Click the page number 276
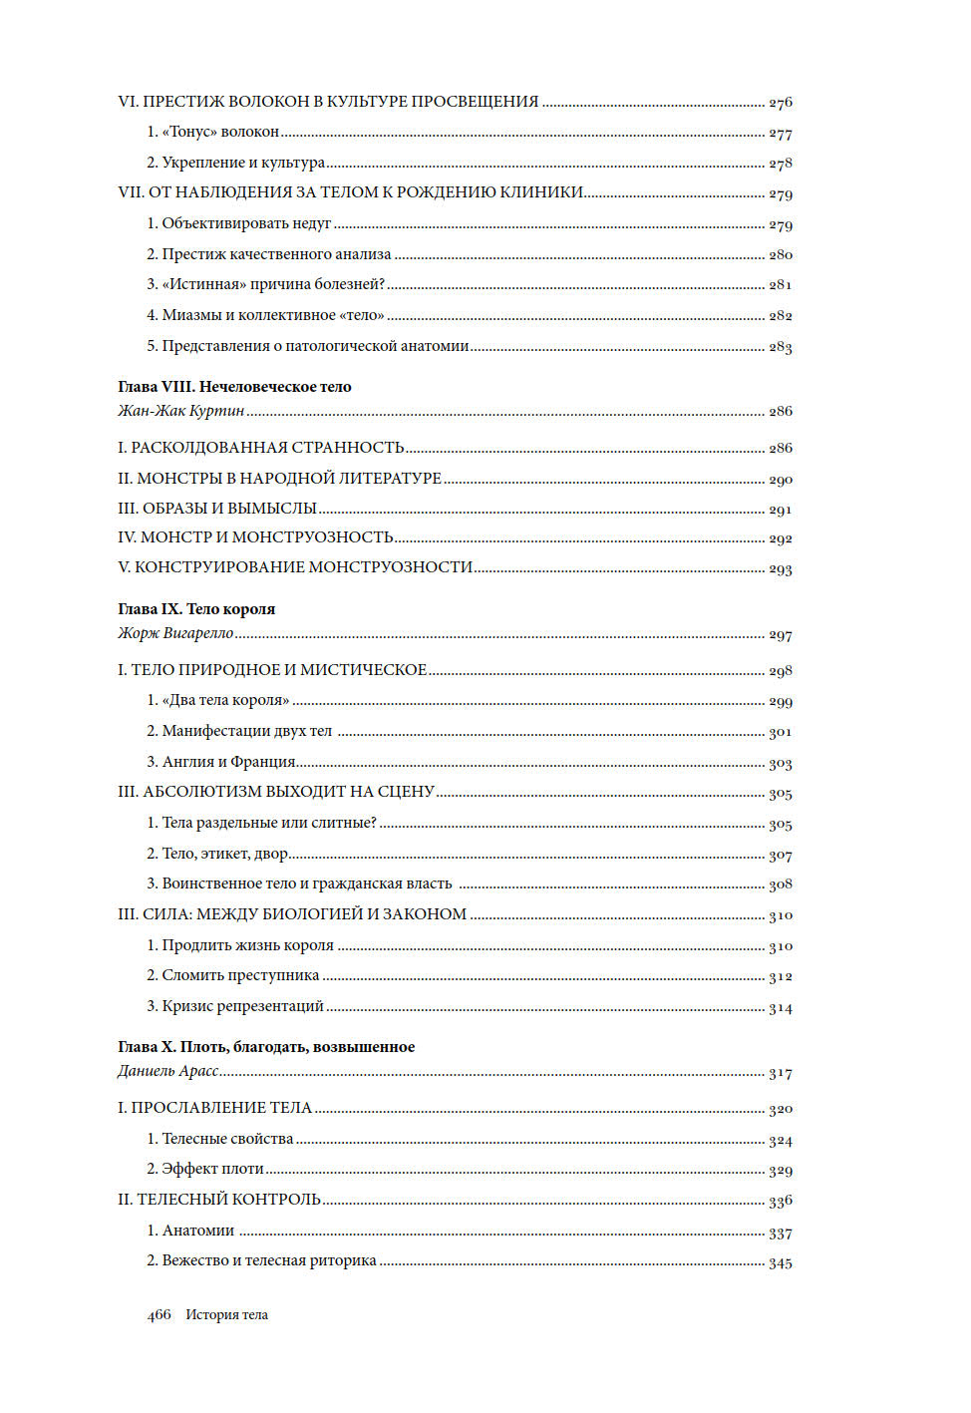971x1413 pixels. point(780,103)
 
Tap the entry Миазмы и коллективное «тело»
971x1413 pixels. point(265,315)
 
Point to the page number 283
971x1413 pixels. point(780,347)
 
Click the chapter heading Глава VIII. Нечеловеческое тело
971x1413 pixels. point(234,387)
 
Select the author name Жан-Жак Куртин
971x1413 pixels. point(181,411)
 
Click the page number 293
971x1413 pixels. point(780,569)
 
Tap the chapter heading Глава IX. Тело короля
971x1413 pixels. point(196,609)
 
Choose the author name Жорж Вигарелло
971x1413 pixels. point(175,633)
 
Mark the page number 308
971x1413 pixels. point(780,884)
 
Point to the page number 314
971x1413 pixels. point(780,1008)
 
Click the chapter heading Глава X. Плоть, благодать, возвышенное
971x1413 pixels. point(266,1047)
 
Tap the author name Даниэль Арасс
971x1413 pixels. point(168,1071)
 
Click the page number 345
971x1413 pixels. point(780,1263)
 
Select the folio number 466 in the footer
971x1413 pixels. point(160,1315)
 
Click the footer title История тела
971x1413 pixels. point(226,1315)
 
